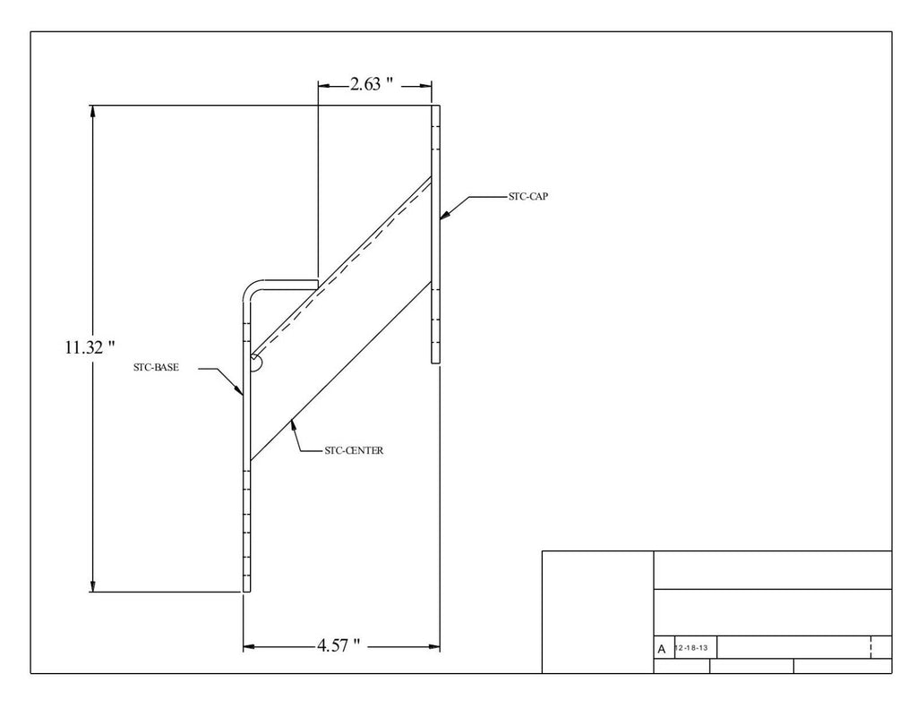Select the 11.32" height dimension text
(x=90, y=347)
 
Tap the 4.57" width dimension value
(x=339, y=645)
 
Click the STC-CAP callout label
(x=528, y=196)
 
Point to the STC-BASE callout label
(x=156, y=367)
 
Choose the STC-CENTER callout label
(x=354, y=450)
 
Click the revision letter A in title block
(x=662, y=649)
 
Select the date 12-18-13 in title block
(x=691, y=648)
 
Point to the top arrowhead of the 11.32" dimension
(x=92, y=112)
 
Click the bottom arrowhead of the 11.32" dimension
(x=92, y=585)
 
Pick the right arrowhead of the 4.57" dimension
(x=433, y=646)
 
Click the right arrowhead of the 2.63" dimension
(x=425, y=86)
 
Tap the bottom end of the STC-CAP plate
(x=436, y=363)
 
